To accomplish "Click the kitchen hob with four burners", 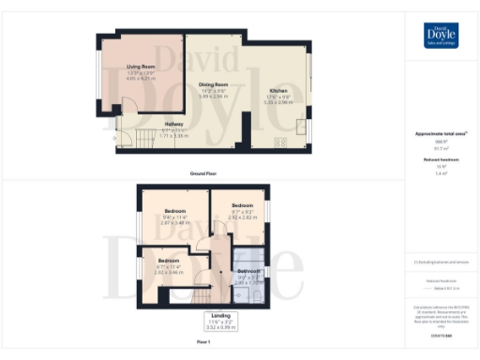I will pyautogui.click(x=279, y=143).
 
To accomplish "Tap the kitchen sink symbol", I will pyautogui.click(x=302, y=127).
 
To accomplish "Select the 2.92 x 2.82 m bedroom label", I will pyautogui.click(x=242, y=209).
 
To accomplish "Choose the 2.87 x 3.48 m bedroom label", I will pyautogui.click(x=175, y=217).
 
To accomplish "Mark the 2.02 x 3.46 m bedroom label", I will pyautogui.click(x=169, y=265).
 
